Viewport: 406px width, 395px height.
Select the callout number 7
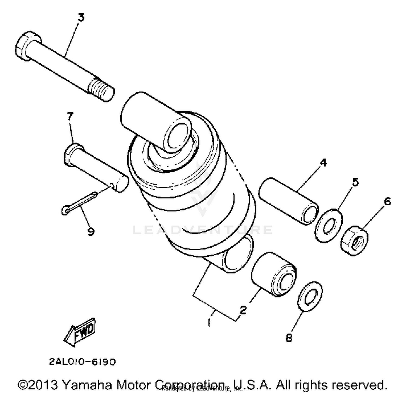pyautogui.click(x=70, y=116)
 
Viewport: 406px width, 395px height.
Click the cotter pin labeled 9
pyautogui.click(x=78, y=203)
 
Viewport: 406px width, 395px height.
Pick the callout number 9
pyautogui.click(x=91, y=231)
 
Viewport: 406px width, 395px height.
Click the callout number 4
pyautogui.click(x=323, y=163)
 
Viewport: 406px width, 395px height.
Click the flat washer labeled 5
pyautogui.click(x=329, y=226)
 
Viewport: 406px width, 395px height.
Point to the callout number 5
pyautogui.click(x=355, y=182)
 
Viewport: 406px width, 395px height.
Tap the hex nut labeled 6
pyautogui.click(x=354, y=240)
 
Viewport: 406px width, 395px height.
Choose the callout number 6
pyautogui.click(x=387, y=202)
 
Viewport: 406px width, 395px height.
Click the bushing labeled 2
pyautogui.click(x=274, y=274)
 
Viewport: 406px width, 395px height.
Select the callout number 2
pyautogui.click(x=243, y=310)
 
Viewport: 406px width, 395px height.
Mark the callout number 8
pyautogui.click(x=289, y=338)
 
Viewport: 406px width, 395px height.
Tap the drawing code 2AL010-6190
pyautogui.click(x=82, y=361)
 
